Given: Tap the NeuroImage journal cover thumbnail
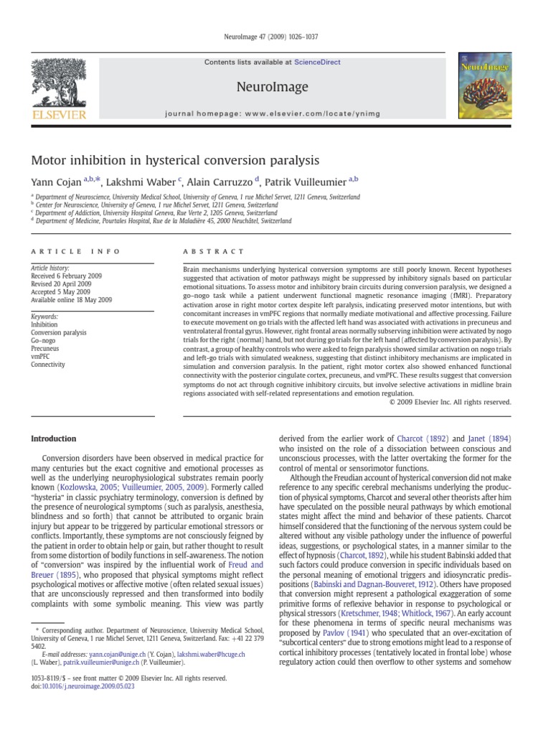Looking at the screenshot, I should pyautogui.click(x=486, y=88).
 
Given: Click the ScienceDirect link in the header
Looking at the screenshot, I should pyautogui.click(x=321, y=62).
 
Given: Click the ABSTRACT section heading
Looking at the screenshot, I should pyautogui.click(x=214, y=251).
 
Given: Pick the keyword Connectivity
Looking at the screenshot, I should pyautogui.click(x=48, y=365).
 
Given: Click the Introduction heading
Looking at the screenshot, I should pyautogui.click(x=56, y=439).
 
